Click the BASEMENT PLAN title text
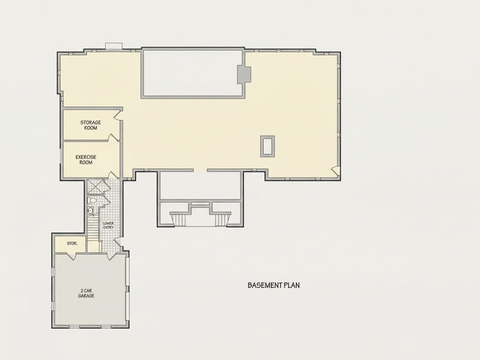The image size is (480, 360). coord(273,285)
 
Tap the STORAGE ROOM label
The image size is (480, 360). coord(91,125)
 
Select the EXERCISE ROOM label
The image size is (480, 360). coord(86,159)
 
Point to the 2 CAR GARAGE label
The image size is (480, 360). coord(86,293)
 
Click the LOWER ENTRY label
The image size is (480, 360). coord(108,225)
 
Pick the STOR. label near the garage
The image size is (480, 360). coord(72,243)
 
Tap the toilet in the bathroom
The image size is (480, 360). coord(93,201)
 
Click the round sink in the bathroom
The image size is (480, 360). coord(91,211)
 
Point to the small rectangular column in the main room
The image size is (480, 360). coord(267,146)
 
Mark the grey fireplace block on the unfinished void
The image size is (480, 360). coord(244,74)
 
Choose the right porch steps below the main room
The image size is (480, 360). coord(222,219)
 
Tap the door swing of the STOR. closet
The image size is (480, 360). coord(72,256)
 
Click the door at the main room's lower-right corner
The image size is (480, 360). coord(336,171)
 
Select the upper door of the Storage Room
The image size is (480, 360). coord(118,114)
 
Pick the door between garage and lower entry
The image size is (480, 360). coord(112,256)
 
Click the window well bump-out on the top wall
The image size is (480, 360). coord(114,46)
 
